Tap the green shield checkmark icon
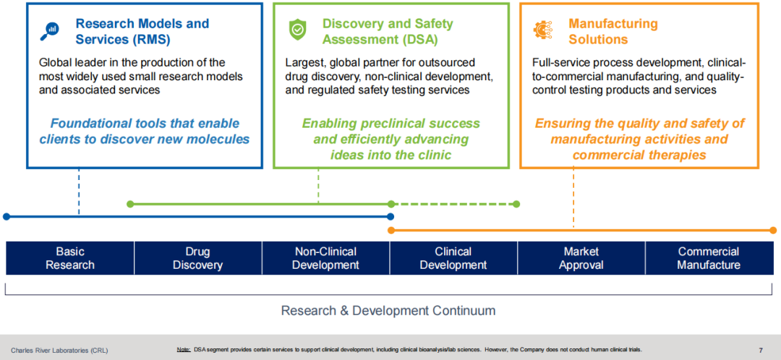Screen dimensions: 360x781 click(297, 30)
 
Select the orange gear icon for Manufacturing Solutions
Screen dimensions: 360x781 click(542, 30)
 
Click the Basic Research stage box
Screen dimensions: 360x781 click(70, 258)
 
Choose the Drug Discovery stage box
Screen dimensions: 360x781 click(197, 258)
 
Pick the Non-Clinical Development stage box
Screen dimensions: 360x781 click(325, 258)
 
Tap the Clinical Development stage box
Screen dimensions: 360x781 click(453, 258)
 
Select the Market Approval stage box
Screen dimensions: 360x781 click(581, 258)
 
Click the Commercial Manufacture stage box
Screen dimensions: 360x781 click(709, 258)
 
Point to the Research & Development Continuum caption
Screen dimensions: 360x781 click(388, 311)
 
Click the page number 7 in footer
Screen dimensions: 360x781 click(760, 351)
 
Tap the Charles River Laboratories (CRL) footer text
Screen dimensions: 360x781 click(59, 351)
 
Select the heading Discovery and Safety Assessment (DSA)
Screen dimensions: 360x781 click(388, 31)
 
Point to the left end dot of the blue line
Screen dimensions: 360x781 click(7, 216)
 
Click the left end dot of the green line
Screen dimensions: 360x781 click(130, 204)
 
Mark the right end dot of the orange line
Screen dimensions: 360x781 click(773, 231)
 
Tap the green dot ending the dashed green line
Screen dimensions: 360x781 click(517, 204)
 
